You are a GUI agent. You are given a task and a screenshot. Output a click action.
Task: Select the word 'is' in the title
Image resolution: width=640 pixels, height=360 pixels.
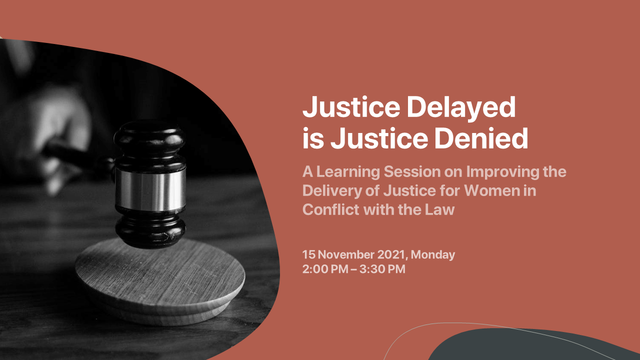[313, 138]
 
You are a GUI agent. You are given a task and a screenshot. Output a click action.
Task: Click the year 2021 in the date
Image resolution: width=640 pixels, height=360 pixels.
[391, 255]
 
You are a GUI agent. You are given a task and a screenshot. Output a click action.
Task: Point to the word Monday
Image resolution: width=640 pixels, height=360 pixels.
[433, 255]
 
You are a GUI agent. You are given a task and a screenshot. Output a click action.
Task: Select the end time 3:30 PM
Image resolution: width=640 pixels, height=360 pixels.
[382, 269]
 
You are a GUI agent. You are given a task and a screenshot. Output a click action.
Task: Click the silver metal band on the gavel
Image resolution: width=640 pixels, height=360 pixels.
[150, 189]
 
